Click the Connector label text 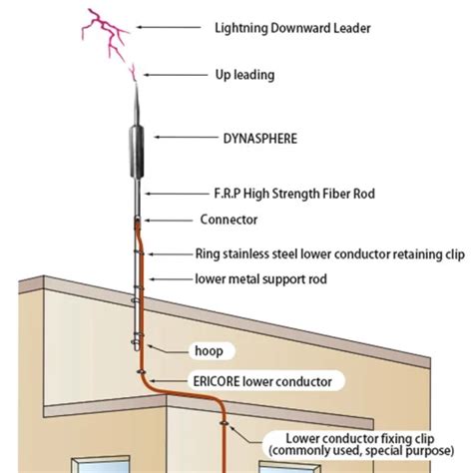(230, 219)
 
